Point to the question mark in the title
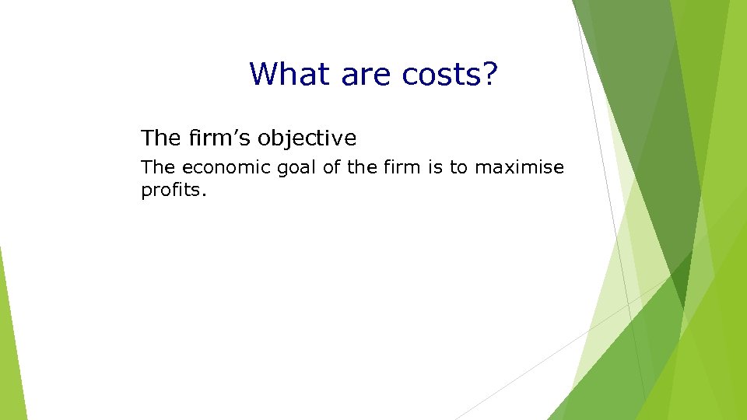tap(488, 74)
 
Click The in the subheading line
tap(161, 138)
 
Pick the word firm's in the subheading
tap(219, 138)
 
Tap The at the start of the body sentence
tap(158, 167)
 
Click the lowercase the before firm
tap(362, 167)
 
